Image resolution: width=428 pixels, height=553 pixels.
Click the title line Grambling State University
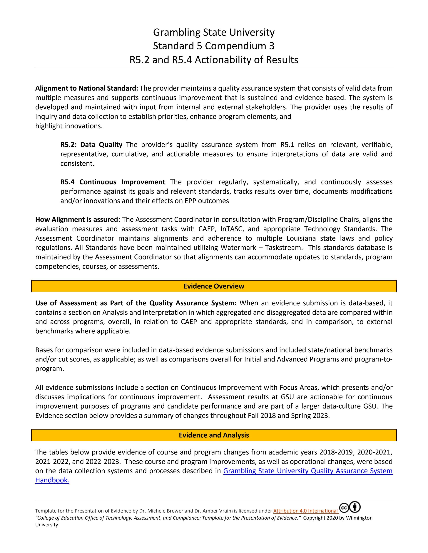click(x=214, y=32)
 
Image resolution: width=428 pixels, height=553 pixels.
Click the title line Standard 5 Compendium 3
click(x=214, y=46)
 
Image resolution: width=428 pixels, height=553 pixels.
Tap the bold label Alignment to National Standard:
click(x=86, y=88)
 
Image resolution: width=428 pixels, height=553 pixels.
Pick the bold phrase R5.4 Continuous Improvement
click(x=113, y=182)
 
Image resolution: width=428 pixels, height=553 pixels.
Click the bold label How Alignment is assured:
click(x=78, y=220)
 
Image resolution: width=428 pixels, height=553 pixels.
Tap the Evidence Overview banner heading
click(x=214, y=286)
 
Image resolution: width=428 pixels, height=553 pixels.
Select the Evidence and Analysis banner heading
click(x=214, y=435)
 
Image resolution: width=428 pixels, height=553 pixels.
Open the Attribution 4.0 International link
click(x=305, y=511)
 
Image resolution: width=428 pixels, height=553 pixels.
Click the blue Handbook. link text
click(x=52, y=480)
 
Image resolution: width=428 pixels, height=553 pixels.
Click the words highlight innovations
click(x=69, y=126)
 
